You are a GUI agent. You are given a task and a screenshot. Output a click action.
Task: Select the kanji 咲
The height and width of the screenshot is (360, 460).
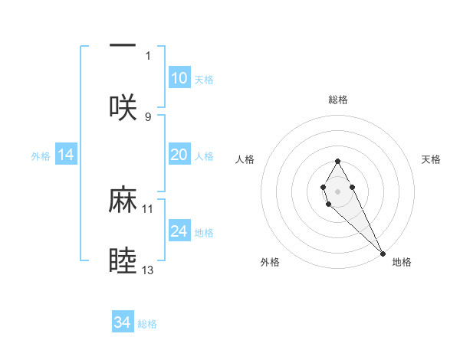point(123,107)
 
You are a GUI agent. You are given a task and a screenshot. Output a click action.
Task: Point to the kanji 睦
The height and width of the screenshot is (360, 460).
point(123,261)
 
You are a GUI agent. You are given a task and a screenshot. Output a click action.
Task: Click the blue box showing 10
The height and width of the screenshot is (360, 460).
point(179,78)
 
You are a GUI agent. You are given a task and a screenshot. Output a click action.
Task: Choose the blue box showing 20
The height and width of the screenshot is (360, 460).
point(179,155)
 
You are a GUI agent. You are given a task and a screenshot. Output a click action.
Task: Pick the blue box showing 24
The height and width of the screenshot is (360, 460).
point(179,231)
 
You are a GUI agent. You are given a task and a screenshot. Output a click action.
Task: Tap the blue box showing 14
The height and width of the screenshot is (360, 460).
point(66,155)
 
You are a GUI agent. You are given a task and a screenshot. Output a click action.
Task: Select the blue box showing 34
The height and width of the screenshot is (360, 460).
point(123,322)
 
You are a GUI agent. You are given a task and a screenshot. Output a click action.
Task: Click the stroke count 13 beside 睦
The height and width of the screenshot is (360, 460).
point(148,270)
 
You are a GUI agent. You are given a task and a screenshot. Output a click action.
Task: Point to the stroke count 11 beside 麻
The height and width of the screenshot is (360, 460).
point(148,208)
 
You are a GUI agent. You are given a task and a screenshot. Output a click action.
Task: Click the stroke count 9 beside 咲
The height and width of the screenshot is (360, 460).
point(148,116)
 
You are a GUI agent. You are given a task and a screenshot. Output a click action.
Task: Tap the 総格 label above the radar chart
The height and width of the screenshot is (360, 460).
point(338,100)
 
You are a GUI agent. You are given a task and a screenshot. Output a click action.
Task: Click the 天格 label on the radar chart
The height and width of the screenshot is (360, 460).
point(431,159)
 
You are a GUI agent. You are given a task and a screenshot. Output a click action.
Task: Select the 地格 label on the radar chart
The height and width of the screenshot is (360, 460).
point(402,262)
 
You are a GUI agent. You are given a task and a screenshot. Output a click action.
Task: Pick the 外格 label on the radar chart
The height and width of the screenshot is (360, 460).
point(270,262)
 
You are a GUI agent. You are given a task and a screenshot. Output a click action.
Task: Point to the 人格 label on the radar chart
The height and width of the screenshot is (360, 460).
point(245,159)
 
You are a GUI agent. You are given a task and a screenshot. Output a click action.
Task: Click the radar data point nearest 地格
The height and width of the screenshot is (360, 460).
point(383,253)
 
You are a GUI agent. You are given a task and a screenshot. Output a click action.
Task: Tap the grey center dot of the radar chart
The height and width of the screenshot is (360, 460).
point(337,190)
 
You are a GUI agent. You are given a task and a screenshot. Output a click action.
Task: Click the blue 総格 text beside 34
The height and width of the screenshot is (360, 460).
point(147,324)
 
